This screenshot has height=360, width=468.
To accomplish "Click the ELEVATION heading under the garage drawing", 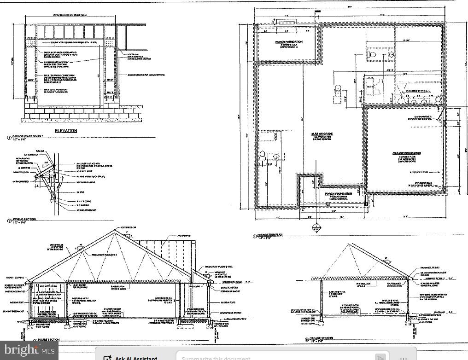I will point(66,131).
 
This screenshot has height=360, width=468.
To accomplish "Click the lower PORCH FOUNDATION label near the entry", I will point(339,194).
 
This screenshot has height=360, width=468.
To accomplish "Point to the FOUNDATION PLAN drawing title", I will point(271,235).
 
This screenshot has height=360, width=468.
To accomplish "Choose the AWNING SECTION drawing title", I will point(23,220).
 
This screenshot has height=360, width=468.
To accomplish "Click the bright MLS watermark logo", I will point(28,351).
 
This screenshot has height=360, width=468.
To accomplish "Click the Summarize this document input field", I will point(272,357).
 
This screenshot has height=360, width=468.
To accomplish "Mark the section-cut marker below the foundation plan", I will point(316,228).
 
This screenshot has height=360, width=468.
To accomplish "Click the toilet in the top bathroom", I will point(371,55).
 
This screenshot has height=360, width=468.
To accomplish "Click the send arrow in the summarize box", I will point(380,357).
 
